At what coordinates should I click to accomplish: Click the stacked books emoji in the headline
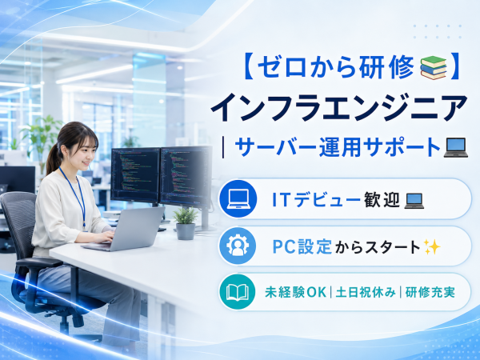tap(433, 68)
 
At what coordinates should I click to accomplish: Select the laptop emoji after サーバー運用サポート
tap(456, 147)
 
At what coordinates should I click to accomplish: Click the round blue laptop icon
tap(238, 199)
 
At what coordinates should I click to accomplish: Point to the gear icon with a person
tap(238, 246)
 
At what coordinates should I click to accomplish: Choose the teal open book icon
tap(238, 292)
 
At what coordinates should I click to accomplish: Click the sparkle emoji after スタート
tap(432, 247)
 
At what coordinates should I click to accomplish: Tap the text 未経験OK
tap(295, 292)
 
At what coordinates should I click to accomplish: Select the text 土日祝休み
tap(366, 292)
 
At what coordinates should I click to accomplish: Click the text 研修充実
tap(430, 292)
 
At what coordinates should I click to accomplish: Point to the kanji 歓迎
tap(382, 199)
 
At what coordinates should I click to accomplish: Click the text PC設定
tap(302, 247)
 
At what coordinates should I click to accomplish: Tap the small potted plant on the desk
tap(186, 223)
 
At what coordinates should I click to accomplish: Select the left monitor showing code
tap(136, 174)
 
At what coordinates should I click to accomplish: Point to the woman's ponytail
tap(53, 159)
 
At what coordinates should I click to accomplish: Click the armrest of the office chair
tap(39, 262)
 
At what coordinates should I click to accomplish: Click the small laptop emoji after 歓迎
tap(414, 201)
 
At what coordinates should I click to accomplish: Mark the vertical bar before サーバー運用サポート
tap(223, 147)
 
